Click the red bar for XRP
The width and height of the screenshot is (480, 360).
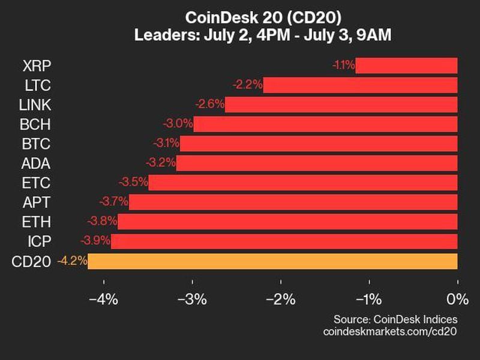click(x=406, y=65)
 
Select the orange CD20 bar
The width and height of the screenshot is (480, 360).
click(x=272, y=261)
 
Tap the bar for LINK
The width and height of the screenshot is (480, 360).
click(x=341, y=104)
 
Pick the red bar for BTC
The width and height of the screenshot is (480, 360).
click(x=319, y=143)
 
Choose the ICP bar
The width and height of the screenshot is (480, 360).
click(x=284, y=241)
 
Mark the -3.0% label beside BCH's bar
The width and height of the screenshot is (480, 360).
click(x=178, y=124)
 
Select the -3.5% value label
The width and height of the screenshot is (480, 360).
click(x=133, y=182)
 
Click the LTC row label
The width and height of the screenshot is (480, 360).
click(x=37, y=85)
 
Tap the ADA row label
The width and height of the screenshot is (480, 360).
click(x=37, y=163)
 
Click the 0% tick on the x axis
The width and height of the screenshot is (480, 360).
click(x=457, y=299)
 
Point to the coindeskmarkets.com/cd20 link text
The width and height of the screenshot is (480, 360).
click(x=390, y=331)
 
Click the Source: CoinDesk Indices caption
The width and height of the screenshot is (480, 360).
click(x=395, y=319)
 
